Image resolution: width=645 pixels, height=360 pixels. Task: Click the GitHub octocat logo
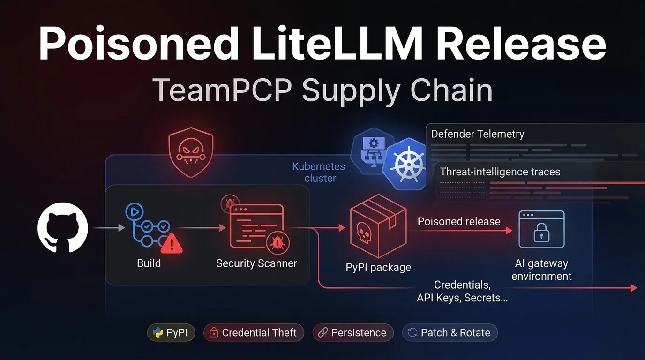[62, 228]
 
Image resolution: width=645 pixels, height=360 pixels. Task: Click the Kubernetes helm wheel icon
[404, 164]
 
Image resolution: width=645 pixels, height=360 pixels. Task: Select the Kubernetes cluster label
[319, 172]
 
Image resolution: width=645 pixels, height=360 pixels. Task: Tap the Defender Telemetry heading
[477, 134]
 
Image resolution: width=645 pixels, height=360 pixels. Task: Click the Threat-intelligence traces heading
[500, 172]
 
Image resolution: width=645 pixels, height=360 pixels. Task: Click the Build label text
[149, 263]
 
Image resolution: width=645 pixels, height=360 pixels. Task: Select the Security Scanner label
[256, 263]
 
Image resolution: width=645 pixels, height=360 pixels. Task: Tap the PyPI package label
[378, 267]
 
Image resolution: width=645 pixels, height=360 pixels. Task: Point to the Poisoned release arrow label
[459, 221]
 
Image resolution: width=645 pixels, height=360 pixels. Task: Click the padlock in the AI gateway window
[541, 233]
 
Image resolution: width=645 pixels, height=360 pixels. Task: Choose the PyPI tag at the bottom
[171, 333]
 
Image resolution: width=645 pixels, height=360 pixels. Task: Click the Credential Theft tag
[254, 333]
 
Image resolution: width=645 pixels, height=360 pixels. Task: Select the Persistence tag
[352, 333]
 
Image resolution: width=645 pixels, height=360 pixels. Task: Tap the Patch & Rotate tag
[450, 333]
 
